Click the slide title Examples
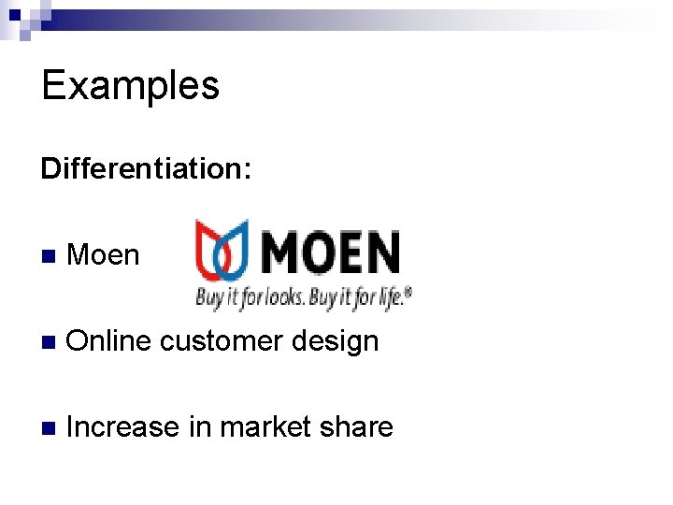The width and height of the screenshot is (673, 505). click(130, 85)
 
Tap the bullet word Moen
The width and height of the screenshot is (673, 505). click(103, 254)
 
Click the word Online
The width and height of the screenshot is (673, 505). click(108, 341)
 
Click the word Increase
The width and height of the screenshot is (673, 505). click(123, 427)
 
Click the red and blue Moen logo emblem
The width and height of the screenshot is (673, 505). click(222, 251)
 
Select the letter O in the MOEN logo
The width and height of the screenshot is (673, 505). click(324, 252)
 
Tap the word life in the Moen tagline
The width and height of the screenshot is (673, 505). click(387, 298)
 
